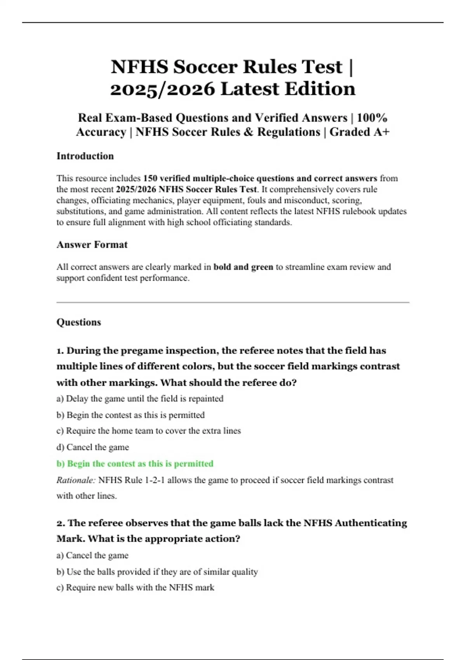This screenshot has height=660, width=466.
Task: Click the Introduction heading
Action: click(x=85, y=156)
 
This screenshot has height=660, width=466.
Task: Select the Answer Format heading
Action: click(x=92, y=245)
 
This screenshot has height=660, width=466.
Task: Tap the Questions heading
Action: click(x=79, y=322)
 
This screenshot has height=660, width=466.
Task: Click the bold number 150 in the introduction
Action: click(x=150, y=179)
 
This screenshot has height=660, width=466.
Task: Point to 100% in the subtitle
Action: click(x=372, y=118)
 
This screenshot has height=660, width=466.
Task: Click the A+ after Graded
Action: click(x=381, y=132)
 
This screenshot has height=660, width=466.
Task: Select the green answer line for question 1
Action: click(x=135, y=464)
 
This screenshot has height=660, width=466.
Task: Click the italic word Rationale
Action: click(x=76, y=480)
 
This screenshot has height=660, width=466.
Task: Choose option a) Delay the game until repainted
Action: click(x=140, y=399)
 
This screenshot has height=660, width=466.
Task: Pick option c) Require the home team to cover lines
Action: click(x=149, y=431)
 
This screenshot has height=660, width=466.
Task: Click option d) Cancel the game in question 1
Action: click(x=93, y=447)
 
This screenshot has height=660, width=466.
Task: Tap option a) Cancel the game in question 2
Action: click(x=92, y=556)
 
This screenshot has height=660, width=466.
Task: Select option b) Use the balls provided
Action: click(x=157, y=572)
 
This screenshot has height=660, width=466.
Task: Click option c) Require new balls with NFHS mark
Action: click(x=135, y=588)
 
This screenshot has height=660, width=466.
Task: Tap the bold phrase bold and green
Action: click(x=243, y=267)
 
